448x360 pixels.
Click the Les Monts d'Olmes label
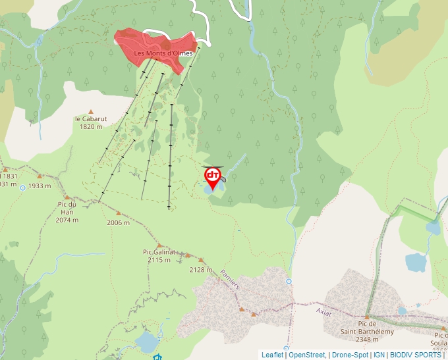tap(163, 53)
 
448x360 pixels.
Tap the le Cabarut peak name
tap(91, 119)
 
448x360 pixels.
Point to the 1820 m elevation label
tap(91, 126)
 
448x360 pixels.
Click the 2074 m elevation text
tap(67, 220)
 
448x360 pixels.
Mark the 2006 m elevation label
tap(118, 222)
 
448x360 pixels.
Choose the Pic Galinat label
tap(159, 252)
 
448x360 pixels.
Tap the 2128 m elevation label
tap(200, 269)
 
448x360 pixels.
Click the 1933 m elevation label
tap(40, 186)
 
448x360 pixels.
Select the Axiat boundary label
tap(323, 311)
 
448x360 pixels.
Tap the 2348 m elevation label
tap(367, 340)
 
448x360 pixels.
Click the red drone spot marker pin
tap(213, 177)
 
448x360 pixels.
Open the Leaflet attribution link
tap(272, 355)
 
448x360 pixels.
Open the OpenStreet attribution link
tap(307, 355)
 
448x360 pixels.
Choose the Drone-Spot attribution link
tap(350, 355)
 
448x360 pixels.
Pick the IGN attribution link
tap(379, 355)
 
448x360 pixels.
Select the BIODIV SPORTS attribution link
tap(415, 355)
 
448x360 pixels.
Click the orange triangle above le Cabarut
tap(91, 111)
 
